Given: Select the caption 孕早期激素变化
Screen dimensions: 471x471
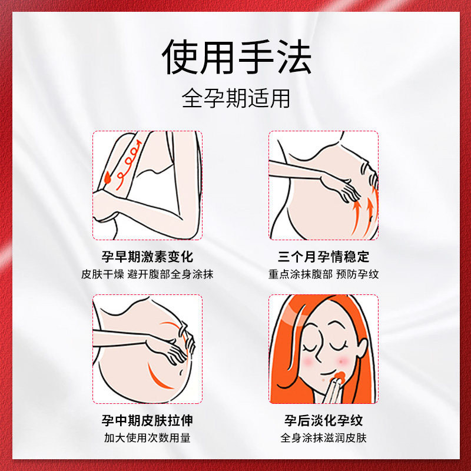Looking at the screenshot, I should tap(147, 257).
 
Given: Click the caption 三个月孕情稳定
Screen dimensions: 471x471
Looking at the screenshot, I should tap(323, 257).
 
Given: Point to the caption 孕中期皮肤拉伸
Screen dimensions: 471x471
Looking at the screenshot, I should tap(147, 420).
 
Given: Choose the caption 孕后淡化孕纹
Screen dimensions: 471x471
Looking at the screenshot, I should tap(323, 420).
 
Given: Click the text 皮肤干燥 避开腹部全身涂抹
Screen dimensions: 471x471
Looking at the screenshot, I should tap(147, 274).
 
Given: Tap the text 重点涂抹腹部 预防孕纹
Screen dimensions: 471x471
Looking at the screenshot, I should tap(323, 274).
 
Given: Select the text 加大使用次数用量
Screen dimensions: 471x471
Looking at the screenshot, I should tap(147, 437).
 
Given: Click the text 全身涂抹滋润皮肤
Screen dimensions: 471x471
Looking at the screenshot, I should tap(323, 437).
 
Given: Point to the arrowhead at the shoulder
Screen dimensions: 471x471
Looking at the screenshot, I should tap(139, 142).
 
